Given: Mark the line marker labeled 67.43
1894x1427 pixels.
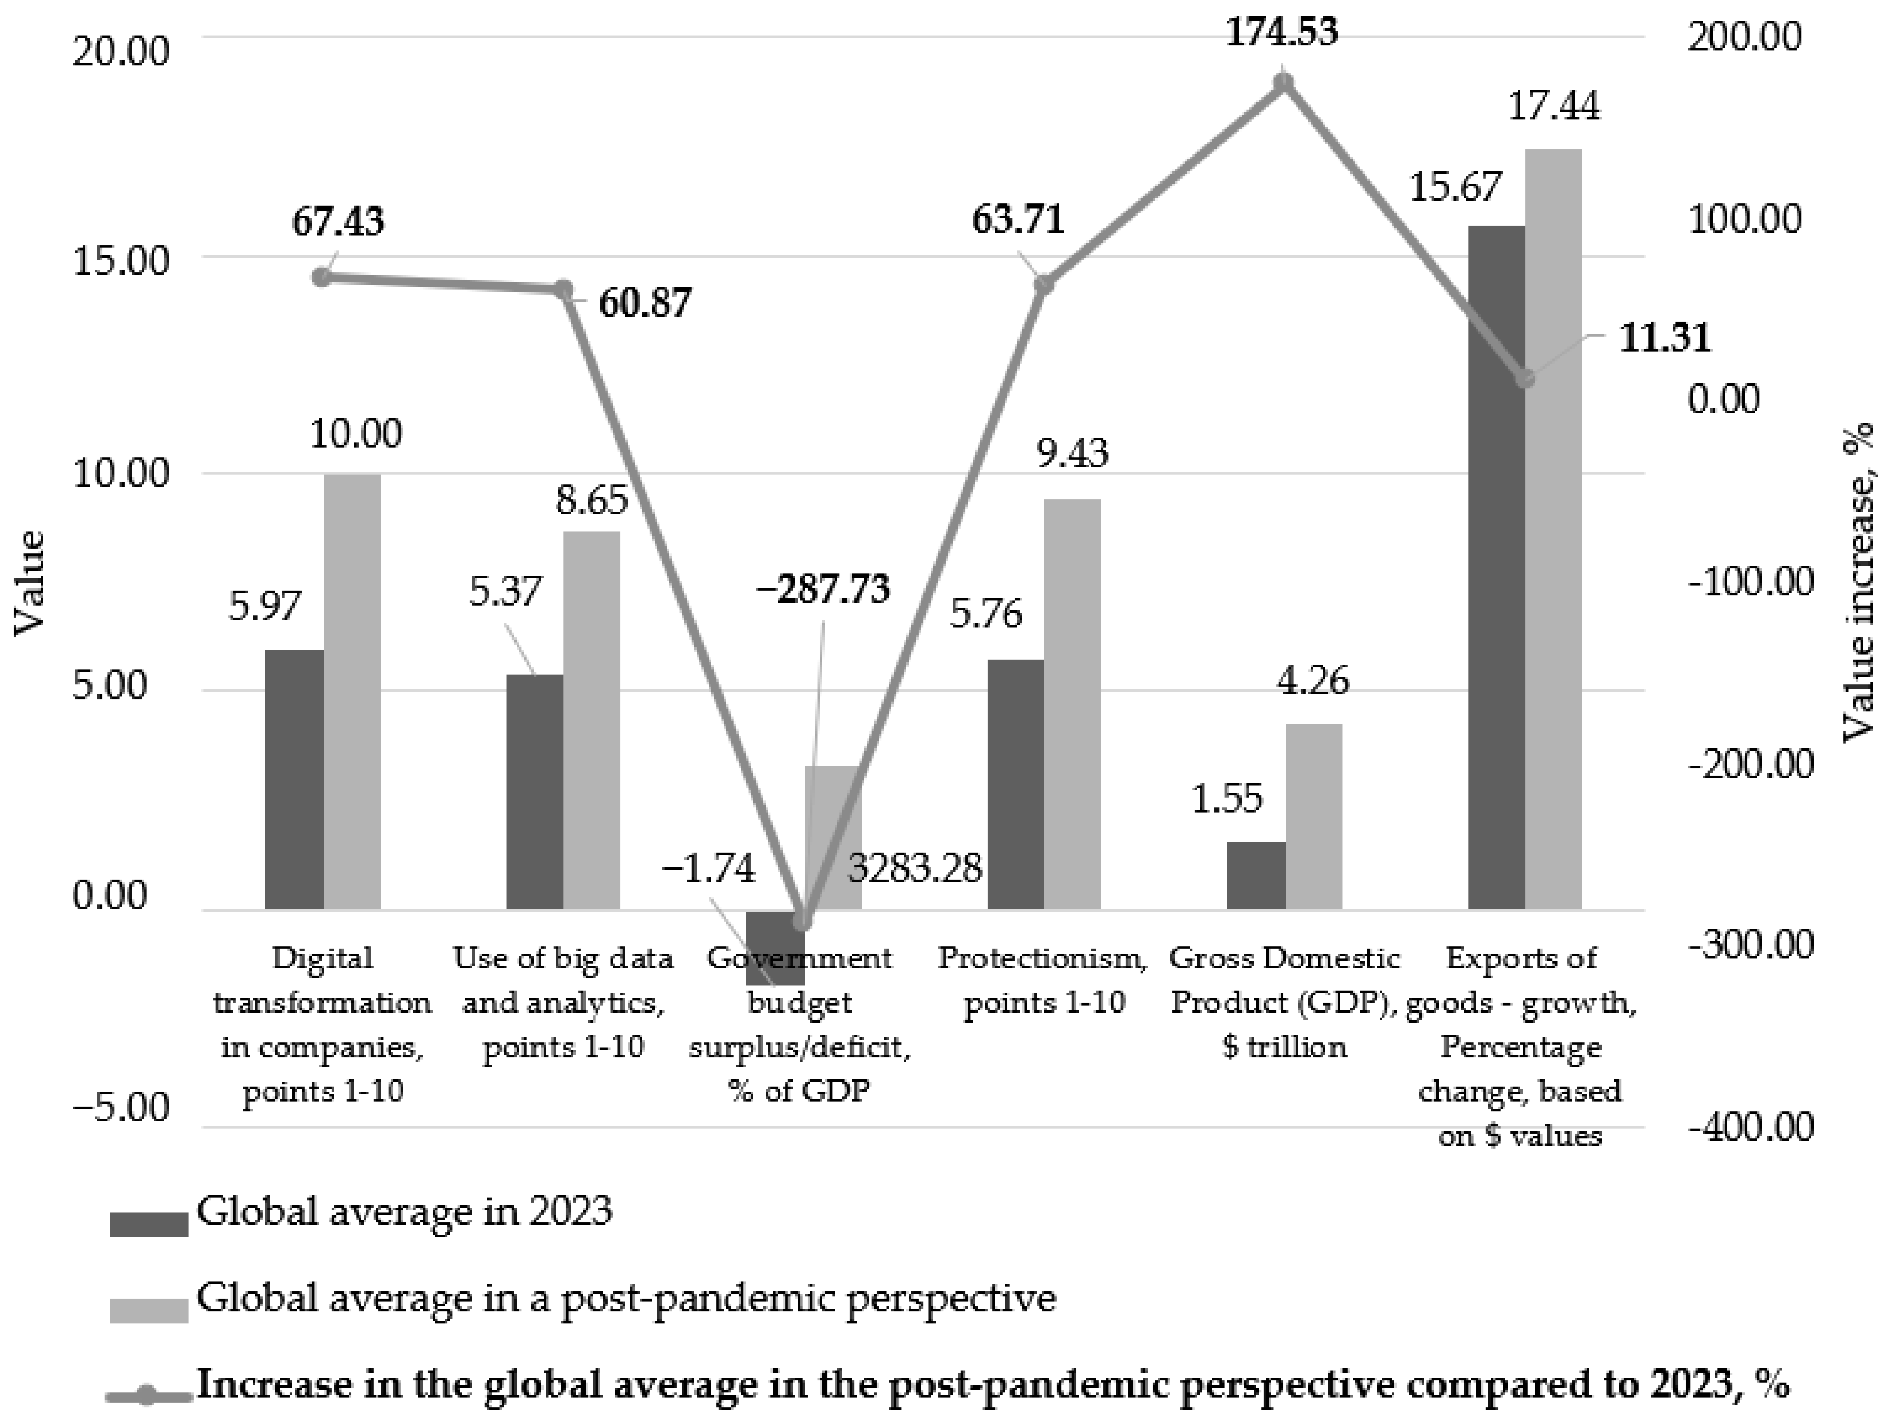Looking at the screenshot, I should pos(321,278).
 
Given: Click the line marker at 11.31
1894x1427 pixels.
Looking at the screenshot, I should pos(1524,379).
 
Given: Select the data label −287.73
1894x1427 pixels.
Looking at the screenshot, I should pos(823,589).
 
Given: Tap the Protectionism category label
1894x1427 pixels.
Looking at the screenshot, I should pos(1043,980).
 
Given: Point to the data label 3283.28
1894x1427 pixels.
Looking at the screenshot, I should pos(915,869).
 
